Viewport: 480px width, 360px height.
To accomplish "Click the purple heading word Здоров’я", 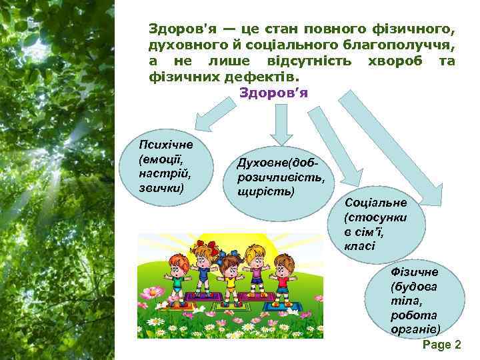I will pyautogui.click(x=273, y=91).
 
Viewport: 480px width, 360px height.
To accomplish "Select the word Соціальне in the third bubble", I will pyautogui.click(x=375, y=202).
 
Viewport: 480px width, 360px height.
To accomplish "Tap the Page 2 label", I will pyautogui.click(x=442, y=345).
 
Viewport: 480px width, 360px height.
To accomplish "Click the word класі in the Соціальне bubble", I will pyautogui.click(x=360, y=246).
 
